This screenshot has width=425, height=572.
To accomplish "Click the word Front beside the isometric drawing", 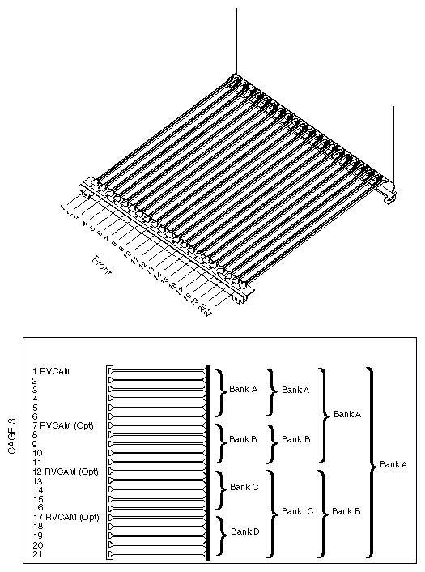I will tap(102, 266).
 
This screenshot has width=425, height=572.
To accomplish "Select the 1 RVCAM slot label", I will tap(51, 371).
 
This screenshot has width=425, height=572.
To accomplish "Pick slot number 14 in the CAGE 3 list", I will tap(36, 489).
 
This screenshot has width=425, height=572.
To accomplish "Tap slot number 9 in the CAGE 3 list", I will tap(35, 443).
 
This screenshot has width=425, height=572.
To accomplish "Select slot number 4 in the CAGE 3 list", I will tap(35, 399).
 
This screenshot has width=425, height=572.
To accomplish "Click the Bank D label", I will tap(244, 531).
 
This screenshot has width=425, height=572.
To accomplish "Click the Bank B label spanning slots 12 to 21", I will tap(346, 511).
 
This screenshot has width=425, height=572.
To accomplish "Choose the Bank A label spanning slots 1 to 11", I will tap(346, 414).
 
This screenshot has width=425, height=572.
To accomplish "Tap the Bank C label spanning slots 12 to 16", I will tap(244, 487).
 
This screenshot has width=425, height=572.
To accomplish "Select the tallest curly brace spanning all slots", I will tap(371, 463).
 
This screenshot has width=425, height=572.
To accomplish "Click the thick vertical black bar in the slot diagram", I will tap(209, 462).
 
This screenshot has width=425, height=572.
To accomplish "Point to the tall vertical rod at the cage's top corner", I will tap(236, 41).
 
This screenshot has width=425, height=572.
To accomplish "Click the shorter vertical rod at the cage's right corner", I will tap(393, 146).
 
